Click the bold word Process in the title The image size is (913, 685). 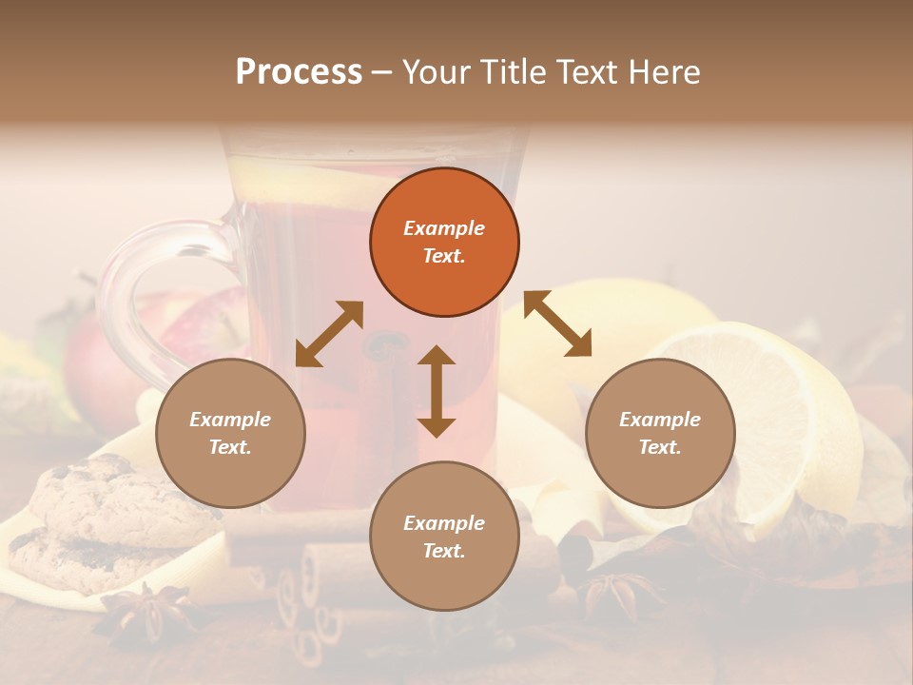click(299, 72)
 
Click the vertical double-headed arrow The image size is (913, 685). click(437, 391)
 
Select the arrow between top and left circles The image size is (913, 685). click(329, 334)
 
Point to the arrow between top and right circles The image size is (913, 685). click(558, 324)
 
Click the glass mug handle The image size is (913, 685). click(133, 285)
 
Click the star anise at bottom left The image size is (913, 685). click(147, 609)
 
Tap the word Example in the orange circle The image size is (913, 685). click(444, 228)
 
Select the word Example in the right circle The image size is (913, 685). click(660, 420)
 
